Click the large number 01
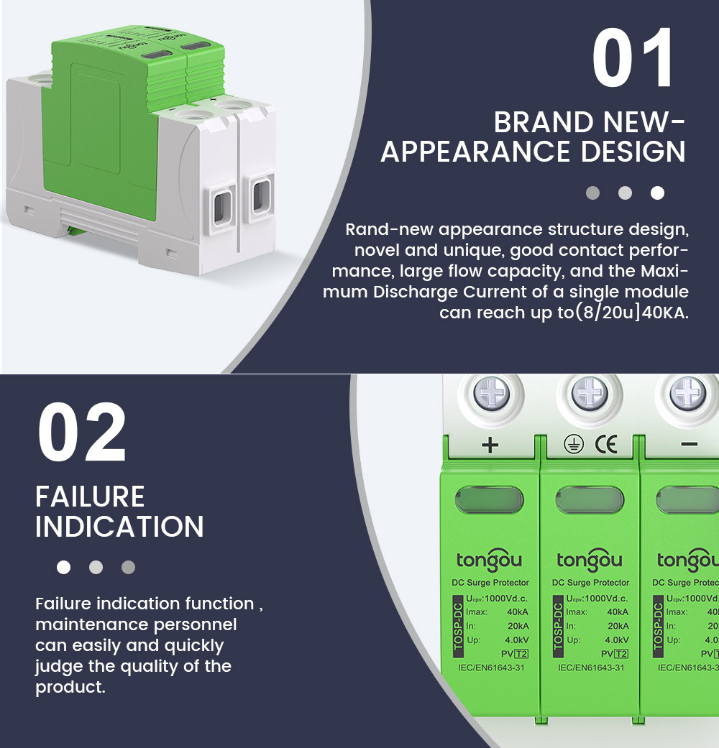click(633, 57)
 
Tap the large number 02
click(82, 432)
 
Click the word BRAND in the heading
click(544, 123)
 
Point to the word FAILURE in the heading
click(90, 497)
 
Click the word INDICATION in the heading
click(119, 527)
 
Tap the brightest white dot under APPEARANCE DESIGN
click(657, 193)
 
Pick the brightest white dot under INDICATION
click(63, 567)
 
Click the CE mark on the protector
click(606, 445)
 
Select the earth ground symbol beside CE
click(573, 445)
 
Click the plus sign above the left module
click(490, 445)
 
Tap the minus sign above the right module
click(689, 444)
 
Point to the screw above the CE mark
click(590, 394)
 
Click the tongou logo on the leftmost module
click(489, 560)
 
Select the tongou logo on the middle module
click(589, 560)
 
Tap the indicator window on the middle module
click(590, 500)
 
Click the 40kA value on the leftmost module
click(518, 612)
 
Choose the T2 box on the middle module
click(621, 654)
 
